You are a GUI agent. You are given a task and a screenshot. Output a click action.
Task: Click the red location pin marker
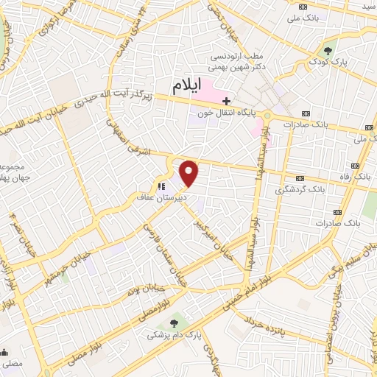click(190, 174)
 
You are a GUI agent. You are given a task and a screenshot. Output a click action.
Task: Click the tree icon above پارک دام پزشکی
click(174, 322)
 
